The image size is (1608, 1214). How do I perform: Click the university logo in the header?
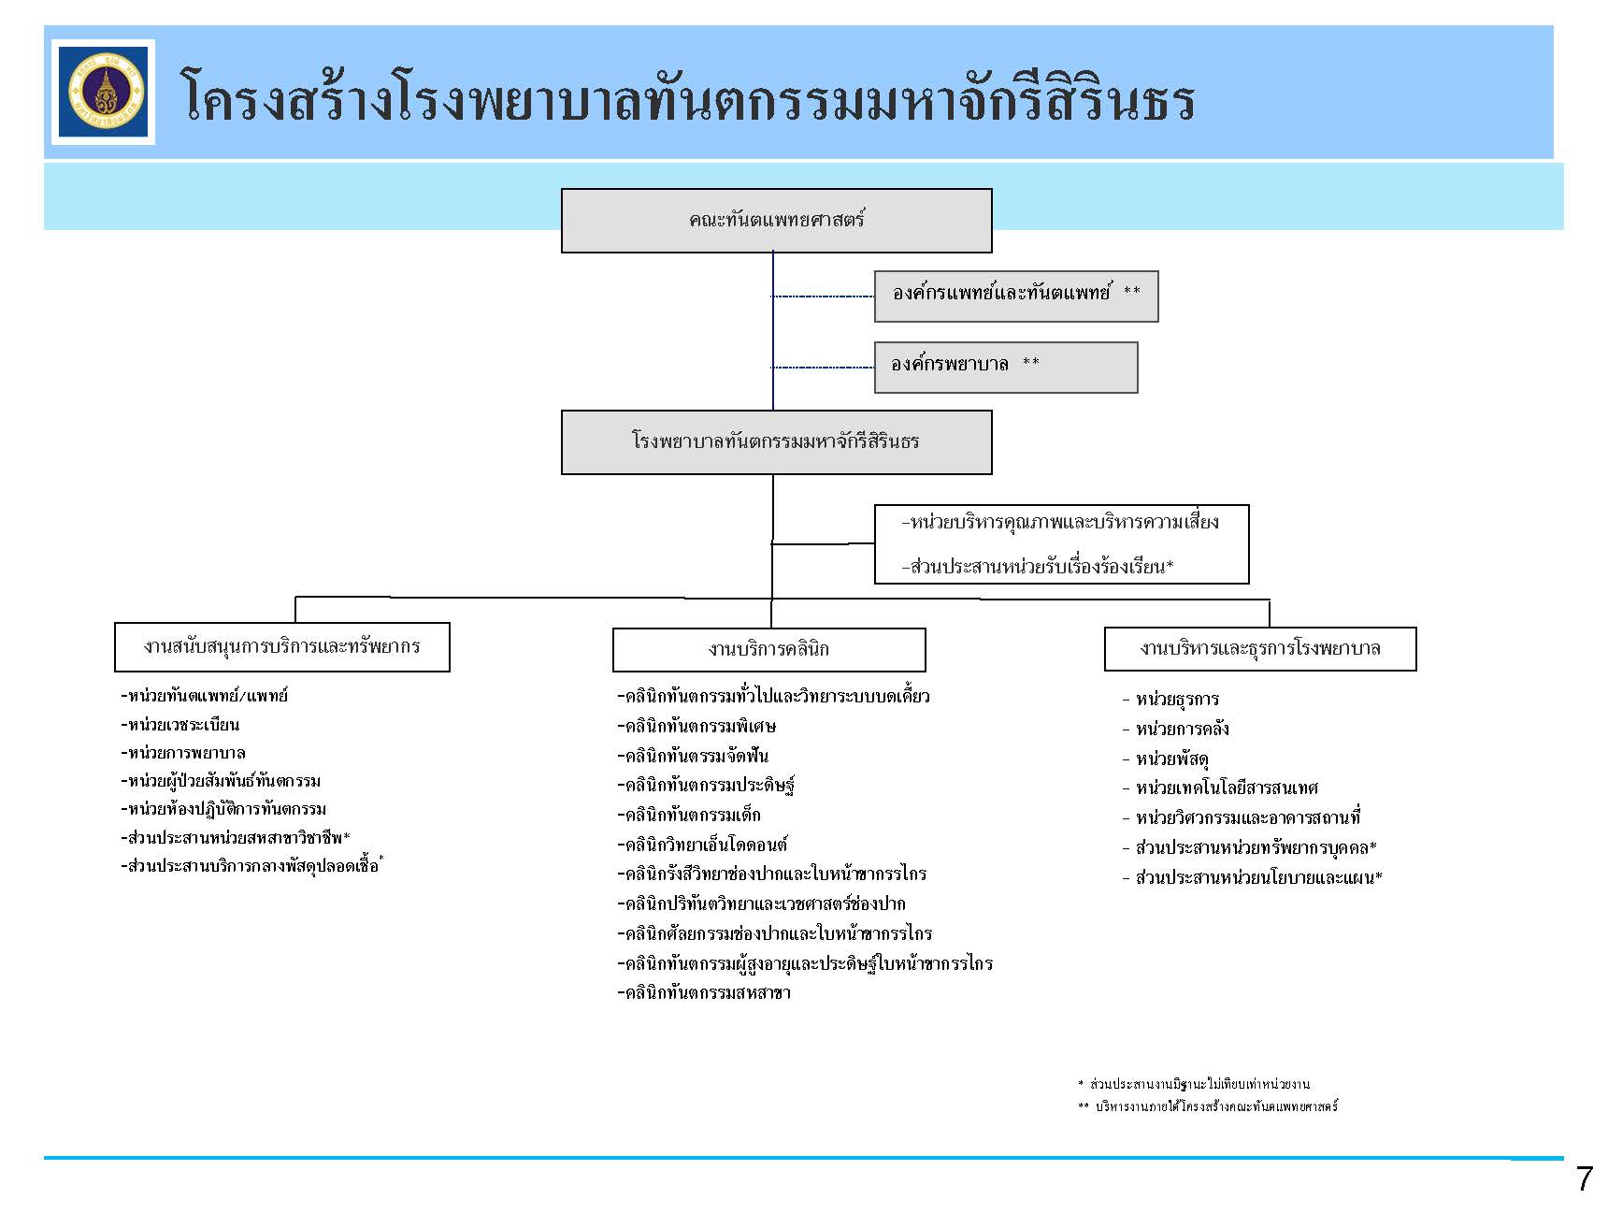click(x=103, y=92)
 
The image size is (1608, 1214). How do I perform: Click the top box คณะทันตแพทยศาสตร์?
click(x=776, y=221)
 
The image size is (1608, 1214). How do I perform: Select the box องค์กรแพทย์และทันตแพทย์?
click(x=1015, y=296)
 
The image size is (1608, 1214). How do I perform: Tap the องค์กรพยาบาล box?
click(x=1005, y=367)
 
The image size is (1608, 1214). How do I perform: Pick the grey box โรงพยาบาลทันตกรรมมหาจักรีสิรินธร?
click(x=776, y=441)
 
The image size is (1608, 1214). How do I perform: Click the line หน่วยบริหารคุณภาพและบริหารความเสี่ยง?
click(x=1060, y=523)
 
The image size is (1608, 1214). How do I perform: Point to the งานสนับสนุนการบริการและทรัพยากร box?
click(x=281, y=646)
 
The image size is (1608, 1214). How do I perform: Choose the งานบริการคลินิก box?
click(x=768, y=649)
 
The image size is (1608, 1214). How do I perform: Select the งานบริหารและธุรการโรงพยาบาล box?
click(x=1259, y=648)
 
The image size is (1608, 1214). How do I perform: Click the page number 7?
click(x=1583, y=1179)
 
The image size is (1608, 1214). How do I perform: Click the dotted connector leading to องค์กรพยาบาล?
click(x=823, y=368)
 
